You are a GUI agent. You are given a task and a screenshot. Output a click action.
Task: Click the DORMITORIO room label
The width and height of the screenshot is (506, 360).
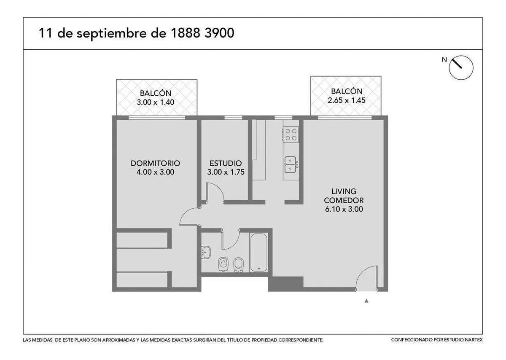tap(155, 163)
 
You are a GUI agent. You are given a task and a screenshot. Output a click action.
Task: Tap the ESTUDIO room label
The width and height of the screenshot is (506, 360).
tap(226, 163)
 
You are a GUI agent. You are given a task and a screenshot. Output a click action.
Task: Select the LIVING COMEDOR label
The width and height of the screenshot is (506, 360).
tap(344, 196)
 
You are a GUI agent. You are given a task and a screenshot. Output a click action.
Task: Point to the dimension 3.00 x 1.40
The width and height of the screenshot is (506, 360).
tap(156, 102)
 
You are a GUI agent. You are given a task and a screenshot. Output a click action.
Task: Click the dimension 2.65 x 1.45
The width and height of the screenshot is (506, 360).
tap(347, 100)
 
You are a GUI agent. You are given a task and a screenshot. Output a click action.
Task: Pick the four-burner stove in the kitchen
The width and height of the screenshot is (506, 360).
tap(291, 134)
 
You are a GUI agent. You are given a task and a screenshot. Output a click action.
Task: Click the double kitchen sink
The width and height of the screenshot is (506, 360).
tap(290, 165)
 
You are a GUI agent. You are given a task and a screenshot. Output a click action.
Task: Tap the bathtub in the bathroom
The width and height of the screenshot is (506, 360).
tap(258, 253)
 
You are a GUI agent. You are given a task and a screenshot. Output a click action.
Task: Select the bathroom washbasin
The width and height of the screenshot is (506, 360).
tap(206, 252)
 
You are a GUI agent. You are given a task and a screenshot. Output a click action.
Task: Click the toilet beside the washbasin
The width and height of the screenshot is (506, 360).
tap(223, 264)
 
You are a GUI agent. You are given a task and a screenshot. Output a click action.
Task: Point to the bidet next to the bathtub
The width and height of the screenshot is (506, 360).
tap(238, 264)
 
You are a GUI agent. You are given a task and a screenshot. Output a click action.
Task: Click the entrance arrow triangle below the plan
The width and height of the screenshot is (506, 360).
tap(366, 301)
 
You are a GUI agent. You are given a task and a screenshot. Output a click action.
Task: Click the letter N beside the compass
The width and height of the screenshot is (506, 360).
tap(444, 59)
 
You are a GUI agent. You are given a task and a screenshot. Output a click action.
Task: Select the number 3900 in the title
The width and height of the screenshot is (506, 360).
tap(219, 33)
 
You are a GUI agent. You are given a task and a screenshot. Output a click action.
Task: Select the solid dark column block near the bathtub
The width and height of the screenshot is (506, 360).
tap(285, 284)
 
